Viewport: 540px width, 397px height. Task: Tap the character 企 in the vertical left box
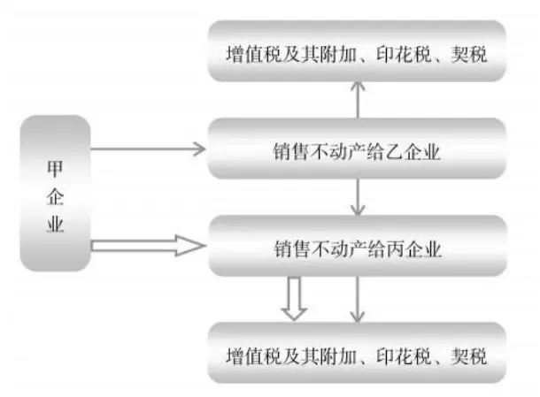point(55,195)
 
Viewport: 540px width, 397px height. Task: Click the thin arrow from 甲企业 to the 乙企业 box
point(147,149)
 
